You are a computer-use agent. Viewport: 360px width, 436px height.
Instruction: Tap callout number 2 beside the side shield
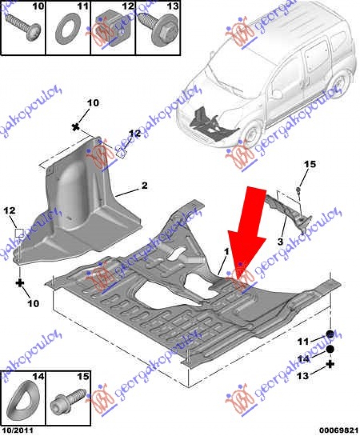(145, 185)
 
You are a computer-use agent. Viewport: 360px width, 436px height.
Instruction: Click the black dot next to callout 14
(330, 349)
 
